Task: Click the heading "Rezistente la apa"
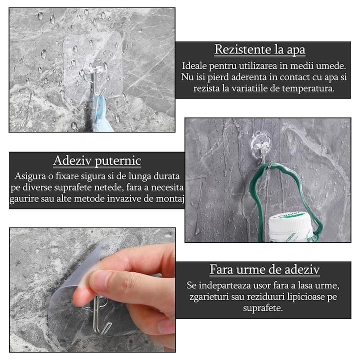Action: click(x=259, y=49)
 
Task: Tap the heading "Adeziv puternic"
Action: click(x=97, y=160)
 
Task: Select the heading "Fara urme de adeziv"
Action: click(x=264, y=269)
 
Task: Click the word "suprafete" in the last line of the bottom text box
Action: click(x=263, y=308)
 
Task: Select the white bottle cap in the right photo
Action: click(x=291, y=228)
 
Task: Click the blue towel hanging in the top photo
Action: click(x=102, y=115)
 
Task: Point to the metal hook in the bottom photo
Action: click(x=99, y=314)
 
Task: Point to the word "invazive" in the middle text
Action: click(x=124, y=199)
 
